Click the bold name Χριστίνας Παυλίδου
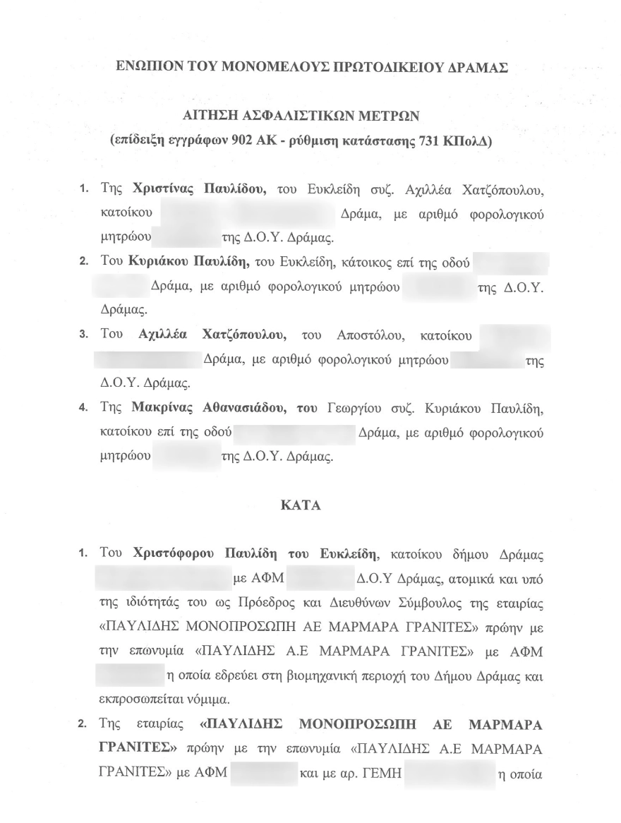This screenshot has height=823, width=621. click(x=198, y=189)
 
